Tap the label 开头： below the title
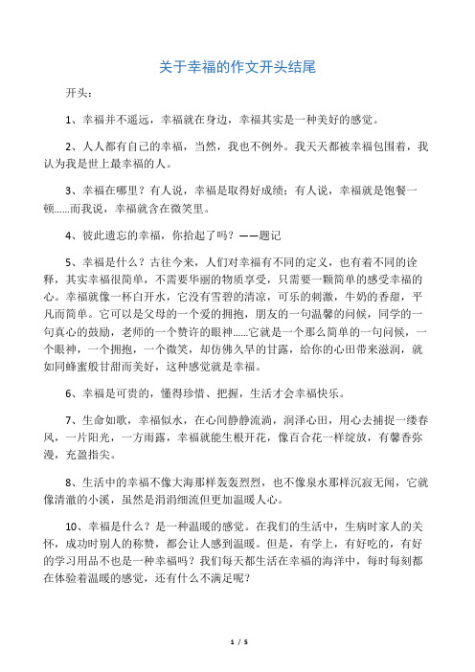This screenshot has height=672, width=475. [79, 95]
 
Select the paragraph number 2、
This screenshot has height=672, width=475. [70, 149]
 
